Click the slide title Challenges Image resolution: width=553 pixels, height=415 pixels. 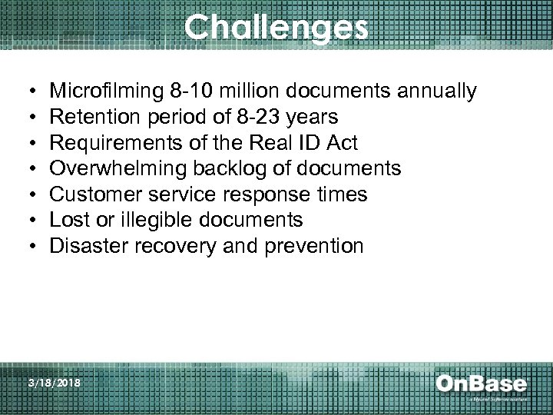[276, 28]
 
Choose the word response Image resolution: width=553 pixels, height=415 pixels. [254, 194]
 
